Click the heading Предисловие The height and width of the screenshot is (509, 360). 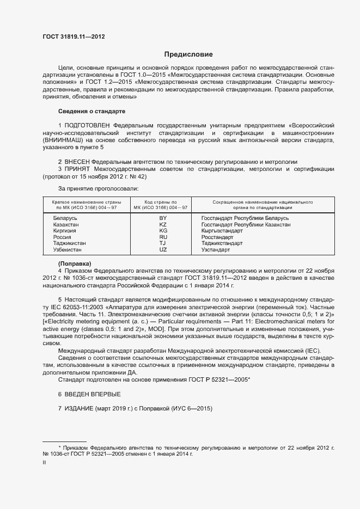(188, 54)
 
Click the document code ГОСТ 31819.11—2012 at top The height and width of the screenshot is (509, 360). (74, 36)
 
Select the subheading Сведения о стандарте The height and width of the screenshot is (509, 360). (91, 111)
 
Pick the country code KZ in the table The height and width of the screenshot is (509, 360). (163, 224)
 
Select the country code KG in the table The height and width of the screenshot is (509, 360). (163, 230)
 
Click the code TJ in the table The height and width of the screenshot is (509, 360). (163, 243)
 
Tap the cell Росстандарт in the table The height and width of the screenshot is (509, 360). (233, 237)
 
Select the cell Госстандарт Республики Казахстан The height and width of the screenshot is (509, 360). (261, 224)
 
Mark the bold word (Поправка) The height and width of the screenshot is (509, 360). (75, 263)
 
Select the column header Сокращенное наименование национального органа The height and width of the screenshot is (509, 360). (258, 204)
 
